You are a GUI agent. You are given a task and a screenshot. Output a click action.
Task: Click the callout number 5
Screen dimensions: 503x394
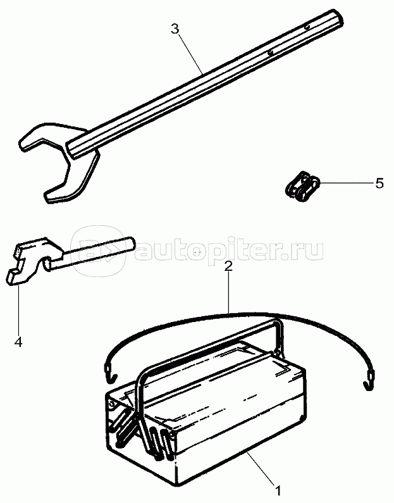(x=379, y=183)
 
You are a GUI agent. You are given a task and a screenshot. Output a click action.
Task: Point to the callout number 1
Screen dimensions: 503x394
(x=277, y=489)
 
